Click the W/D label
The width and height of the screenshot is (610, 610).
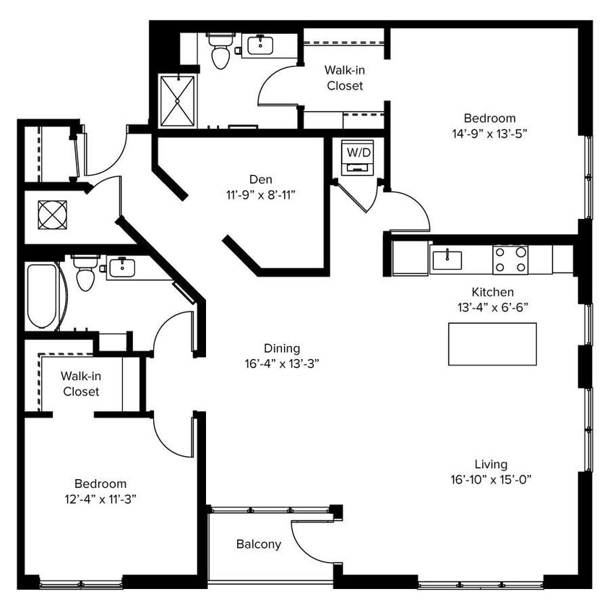(x=357, y=152)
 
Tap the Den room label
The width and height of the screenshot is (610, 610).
(x=262, y=179)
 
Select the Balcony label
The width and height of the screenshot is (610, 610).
(x=259, y=544)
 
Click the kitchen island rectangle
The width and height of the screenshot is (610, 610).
(x=492, y=344)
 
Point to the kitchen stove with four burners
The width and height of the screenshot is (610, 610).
(x=510, y=259)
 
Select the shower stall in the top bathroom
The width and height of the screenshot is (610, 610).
(x=177, y=100)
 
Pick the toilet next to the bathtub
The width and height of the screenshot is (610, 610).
(x=85, y=274)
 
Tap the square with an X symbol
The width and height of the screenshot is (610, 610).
(x=52, y=215)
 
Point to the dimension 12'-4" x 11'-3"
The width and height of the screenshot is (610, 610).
(x=100, y=498)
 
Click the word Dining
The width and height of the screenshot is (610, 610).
(x=282, y=348)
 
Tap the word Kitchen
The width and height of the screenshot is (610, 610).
(x=492, y=292)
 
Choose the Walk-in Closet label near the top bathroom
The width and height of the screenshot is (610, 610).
(x=344, y=78)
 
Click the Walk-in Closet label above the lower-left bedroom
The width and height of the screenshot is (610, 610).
(x=80, y=384)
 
